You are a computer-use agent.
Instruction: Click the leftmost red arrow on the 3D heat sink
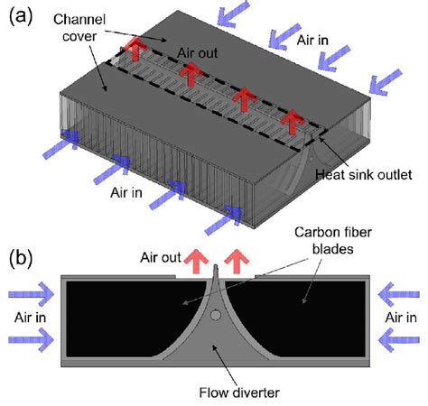click(x=135, y=51)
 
